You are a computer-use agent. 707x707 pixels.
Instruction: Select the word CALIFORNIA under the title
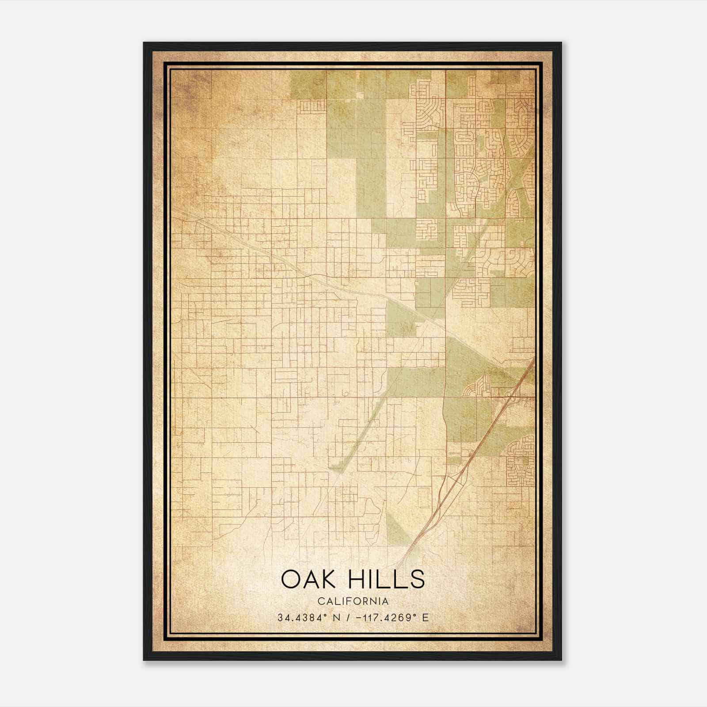coord(353,601)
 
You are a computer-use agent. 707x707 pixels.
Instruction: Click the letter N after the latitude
coord(337,618)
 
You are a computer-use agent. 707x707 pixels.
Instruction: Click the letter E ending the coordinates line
coord(426,618)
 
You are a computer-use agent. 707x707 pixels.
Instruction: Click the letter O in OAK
coord(290,579)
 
